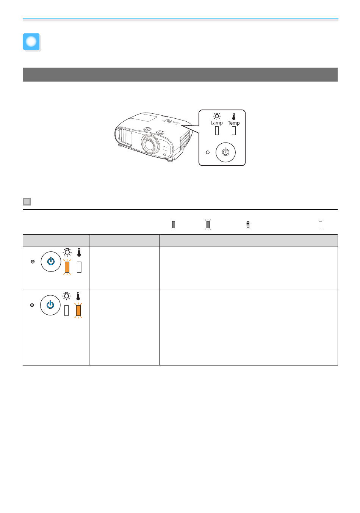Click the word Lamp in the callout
click(216, 123)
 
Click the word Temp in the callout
click(234, 123)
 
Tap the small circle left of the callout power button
click(208, 152)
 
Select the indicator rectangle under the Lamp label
click(217, 130)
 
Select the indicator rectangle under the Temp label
click(234, 130)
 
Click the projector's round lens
click(150, 144)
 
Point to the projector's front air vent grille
click(124, 137)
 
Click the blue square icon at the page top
click(31, 42)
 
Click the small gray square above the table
click(27, 202)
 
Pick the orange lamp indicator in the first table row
click(67, 267)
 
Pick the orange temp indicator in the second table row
click(78, 311)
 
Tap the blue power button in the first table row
click(51, 262)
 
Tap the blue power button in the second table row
click(50, 305)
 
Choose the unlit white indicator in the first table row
click(79, 267)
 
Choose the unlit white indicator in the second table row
click(67, 311)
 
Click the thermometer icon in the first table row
click(79, 252)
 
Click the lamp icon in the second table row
click(67, 296)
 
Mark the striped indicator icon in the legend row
click(248, 225)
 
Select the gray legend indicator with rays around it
click(208, 225)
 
